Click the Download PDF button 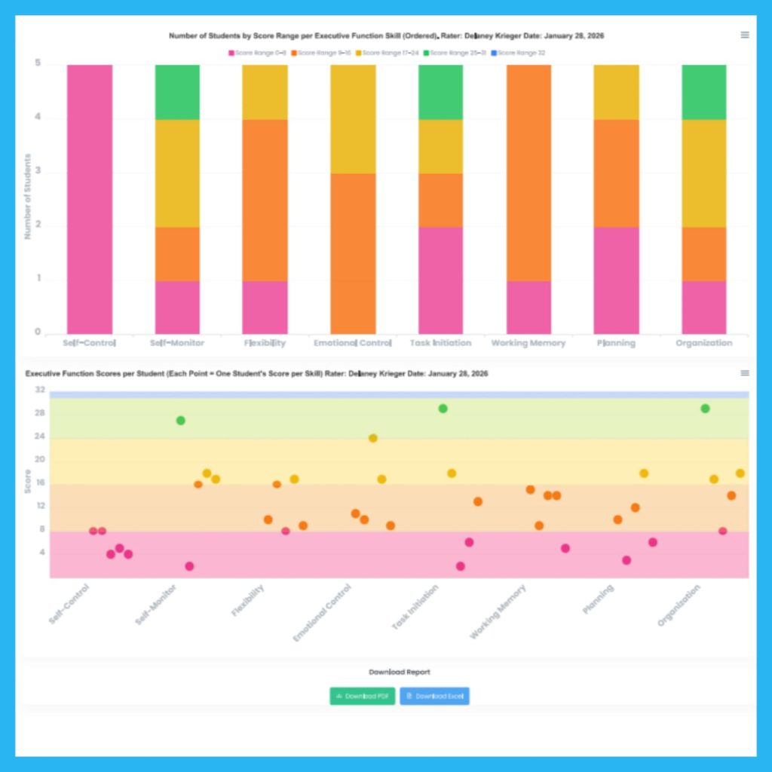pyautogui.click(x=362, y=696)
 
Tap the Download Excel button pyautogui.click(x=434, y=696)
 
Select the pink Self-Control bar pyautogui.click(x=90, y=199)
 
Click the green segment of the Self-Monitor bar pyautogui.click(x=177, y=92)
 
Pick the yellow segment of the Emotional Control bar pyautogui.click(x=353, y=119)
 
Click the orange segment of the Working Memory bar pyautogui.click(x=528, y=173)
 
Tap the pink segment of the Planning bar pyautogui.click(x=616, y=280)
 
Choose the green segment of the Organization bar pyautogui.click(x=704, y=92)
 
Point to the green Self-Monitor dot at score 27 pyautogui.click(x=180, y=421)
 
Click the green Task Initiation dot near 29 pyautogui.click(x=443, y=409)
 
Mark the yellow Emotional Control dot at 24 pyautogui.click(x=372, y=438)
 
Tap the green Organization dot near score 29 pyautogui.click(x=705, y=409)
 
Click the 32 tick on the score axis pyautogui.click(x=39, y=391)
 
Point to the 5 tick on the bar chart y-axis pyautogui.click(x=38, y=65)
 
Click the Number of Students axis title pyautogui.click(x=27, y=197)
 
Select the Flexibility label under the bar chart pyautogui.click(x=265, y=343)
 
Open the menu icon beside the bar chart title pyautogui.click(x=745, y=35)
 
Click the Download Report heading pyautogui.click(x=400, y=672)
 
